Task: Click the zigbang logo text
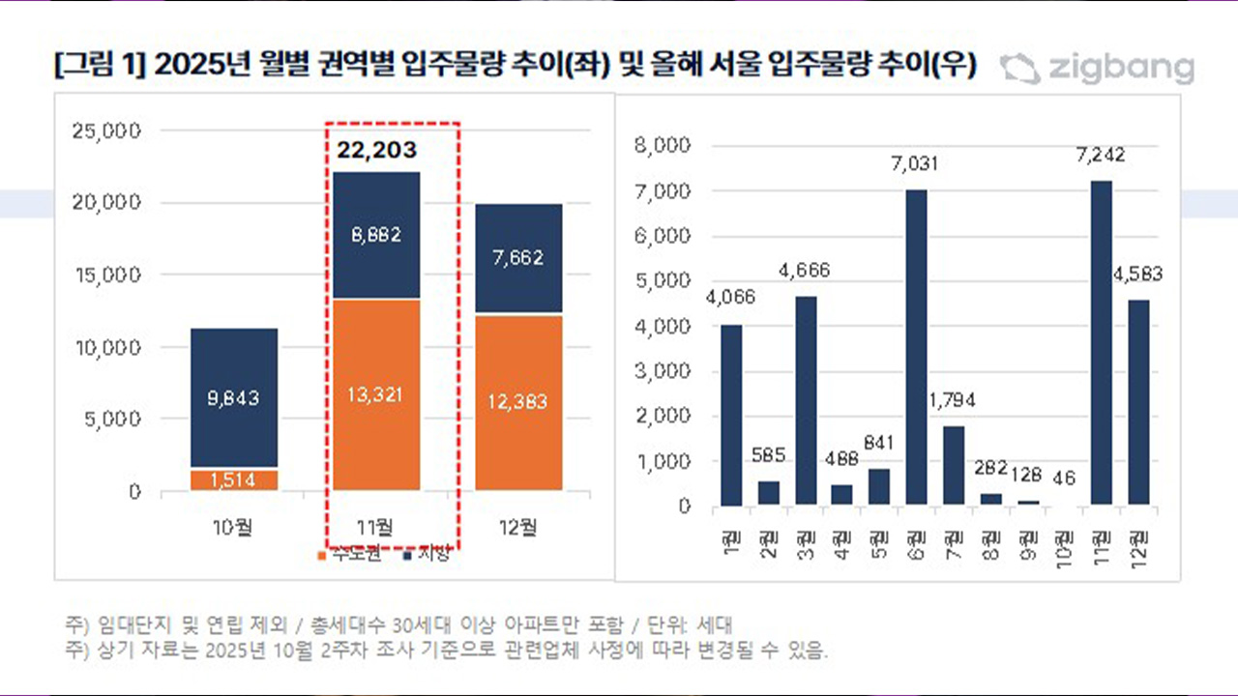pyautogui.click(x=1119, y=69)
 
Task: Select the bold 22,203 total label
pyautogui.click(x=377, y=150)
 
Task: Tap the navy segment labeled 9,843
pyautogui.click(x=234, y=397)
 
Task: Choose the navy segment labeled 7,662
pyautogui.click(x=517, y=258)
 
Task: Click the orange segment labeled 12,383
pyautogui.click(x=517, y=401)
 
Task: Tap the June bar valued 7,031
pyautogui.click(x=915, y=347)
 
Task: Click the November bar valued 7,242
pyautogui.click(x=1100, y=342)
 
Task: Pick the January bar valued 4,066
pyautogui.click(x=731, y=415)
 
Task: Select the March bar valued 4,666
pyautogui.click(x=805, y=400)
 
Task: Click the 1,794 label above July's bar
pyautogui.click(x=952, y=398)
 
